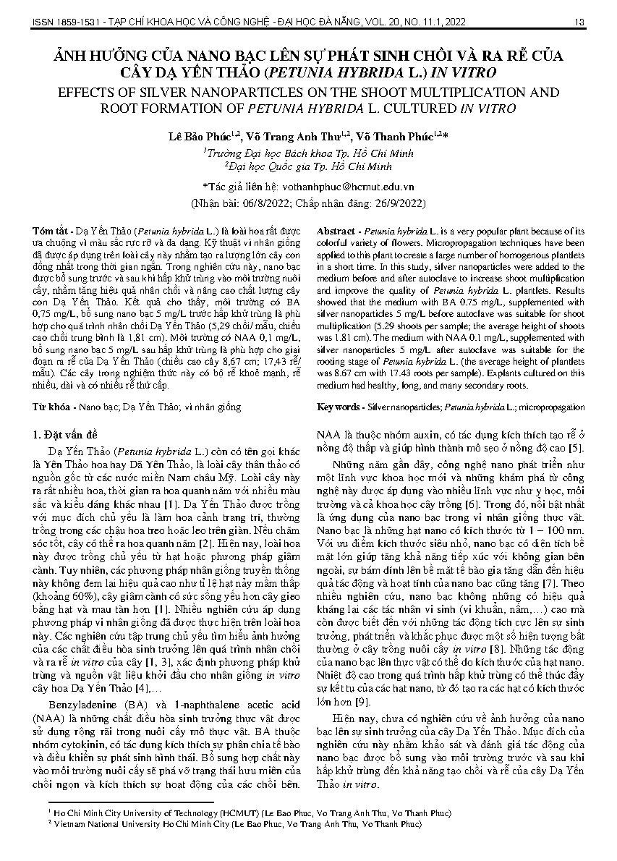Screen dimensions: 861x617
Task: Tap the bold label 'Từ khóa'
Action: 52,407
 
